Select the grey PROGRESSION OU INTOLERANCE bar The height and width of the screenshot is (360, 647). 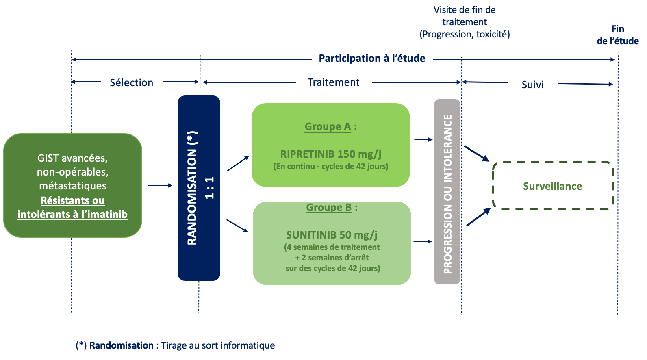[447, 192]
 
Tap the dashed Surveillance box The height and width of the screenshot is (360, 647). [552, 186]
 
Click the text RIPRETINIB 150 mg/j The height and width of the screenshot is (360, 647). [331, 154]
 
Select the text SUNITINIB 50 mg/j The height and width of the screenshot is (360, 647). [332, 235]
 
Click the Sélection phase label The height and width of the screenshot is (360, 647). [131, 82]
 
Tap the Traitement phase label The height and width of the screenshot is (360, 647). [333, 82]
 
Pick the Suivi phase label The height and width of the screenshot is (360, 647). [532, 85]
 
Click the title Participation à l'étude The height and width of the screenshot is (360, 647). [372, 59]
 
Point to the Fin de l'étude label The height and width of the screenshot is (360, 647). [617, 35]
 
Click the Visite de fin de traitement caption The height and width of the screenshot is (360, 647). [465, 22]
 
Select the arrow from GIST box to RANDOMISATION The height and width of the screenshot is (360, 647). [160, 186]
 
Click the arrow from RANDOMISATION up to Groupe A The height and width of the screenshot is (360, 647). [238, 163]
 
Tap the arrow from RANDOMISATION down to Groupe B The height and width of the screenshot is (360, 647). [237, 226]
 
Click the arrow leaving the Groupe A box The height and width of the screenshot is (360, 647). [423, 139]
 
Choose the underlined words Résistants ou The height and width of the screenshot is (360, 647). [72, 200]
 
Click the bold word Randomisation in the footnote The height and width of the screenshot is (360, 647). [121, 345]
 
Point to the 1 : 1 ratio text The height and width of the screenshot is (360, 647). [209, 188]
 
